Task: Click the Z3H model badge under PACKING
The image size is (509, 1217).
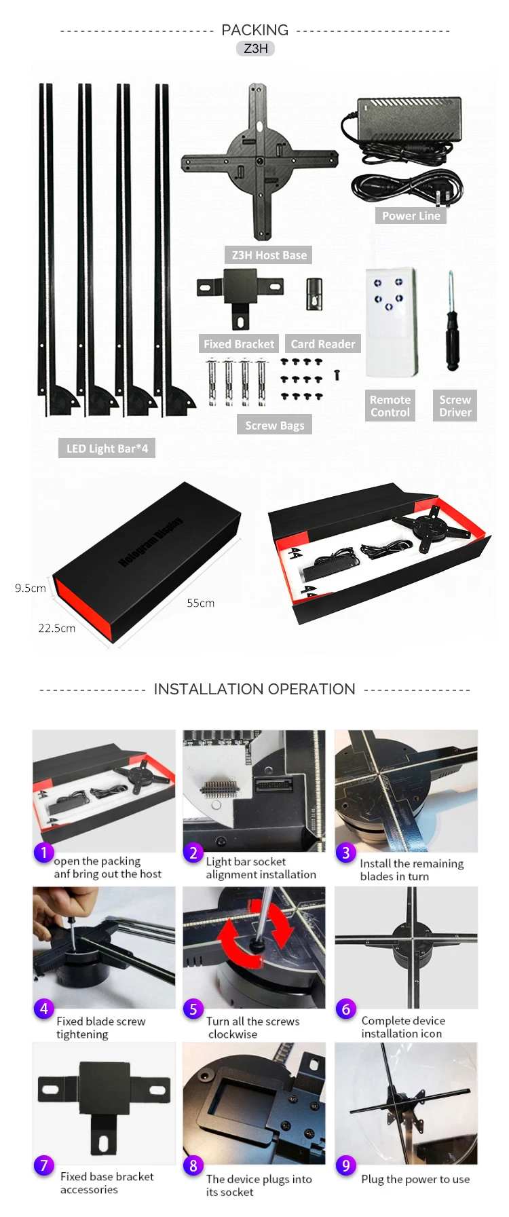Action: [x=256, y=48]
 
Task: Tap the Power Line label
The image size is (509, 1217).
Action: [x=411, y=216]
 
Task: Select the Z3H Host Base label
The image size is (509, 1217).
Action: [x=269, y=255]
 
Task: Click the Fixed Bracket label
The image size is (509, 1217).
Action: [x=239, y=344]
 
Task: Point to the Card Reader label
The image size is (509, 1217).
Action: [x=322, y=344]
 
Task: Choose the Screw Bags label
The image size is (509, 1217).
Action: [x=274, y=426]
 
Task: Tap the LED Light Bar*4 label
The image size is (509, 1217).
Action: [x=107, y=448]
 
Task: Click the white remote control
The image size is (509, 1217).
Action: [x=391, y=322]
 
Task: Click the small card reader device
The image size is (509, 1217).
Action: [x=314, y=294]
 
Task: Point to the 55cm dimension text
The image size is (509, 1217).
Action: [x=200, y=603]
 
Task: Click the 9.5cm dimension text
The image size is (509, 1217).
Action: [x=31, y=588]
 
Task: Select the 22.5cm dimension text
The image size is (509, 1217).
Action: [x=56, y=628]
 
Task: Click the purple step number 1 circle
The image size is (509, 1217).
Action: [x=43, y=852]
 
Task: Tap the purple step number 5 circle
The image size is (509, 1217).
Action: [x=193, y=1009]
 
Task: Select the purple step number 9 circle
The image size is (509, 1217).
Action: [x=345, y=1165]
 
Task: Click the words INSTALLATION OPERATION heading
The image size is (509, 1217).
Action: [x=254, y=689]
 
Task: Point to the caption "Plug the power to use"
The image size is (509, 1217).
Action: [x=415, y=1179]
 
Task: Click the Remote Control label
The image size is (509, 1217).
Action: [x=390, y=406]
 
